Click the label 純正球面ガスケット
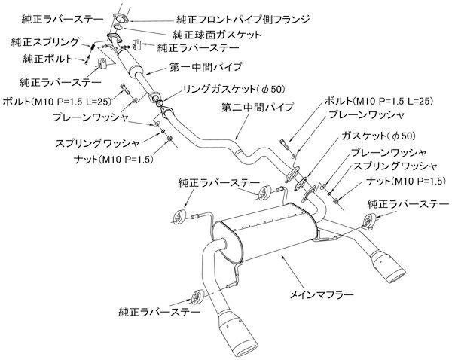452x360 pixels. (x=212, y=34)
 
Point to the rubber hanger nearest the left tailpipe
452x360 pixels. (x=197, y=295)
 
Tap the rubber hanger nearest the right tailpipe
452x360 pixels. (x=371, y=220)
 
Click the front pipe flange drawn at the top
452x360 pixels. (x=121, y=17)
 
